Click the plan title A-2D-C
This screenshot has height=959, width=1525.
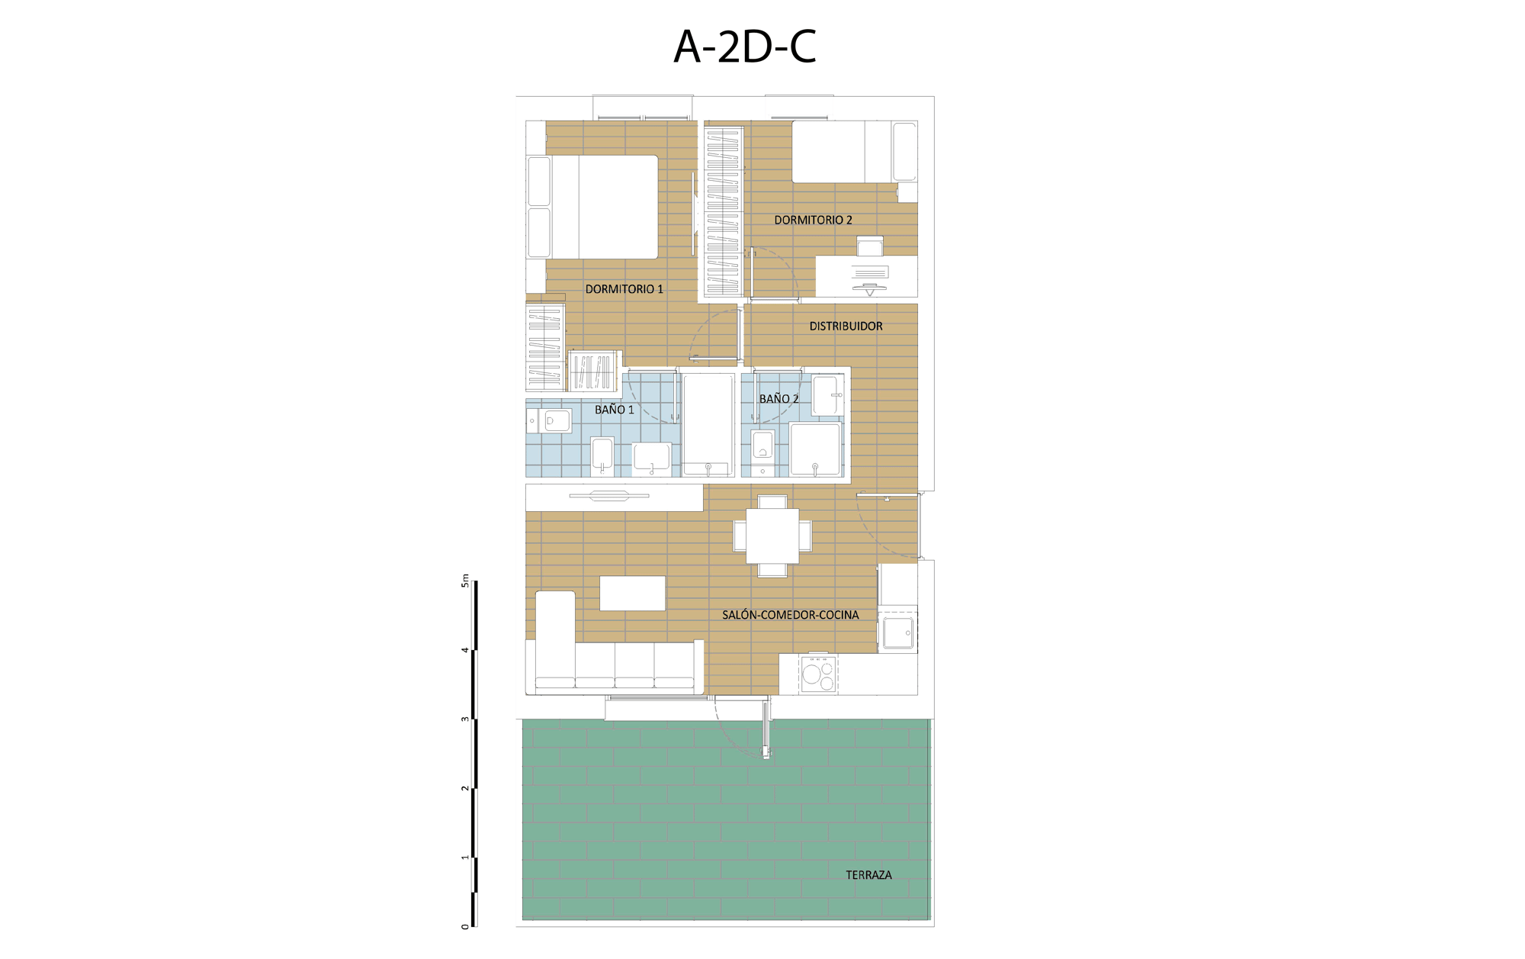[x=745, y=47]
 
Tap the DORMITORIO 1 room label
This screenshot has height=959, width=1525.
[x=624, y=289]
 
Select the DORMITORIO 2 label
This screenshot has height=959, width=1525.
[x=813, y=220]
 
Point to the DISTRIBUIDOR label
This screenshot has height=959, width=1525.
[x=846, y=326]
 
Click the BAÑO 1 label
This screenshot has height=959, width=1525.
[x=614, y=410]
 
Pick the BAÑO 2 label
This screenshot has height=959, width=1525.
[x=779, y=398]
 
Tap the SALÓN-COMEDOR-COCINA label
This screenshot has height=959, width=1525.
[x=790, y=615]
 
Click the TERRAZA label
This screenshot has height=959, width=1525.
[x=868, y=875]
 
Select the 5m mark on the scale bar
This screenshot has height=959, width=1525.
[x=465, y=581]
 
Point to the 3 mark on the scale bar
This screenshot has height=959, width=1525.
[x=465, y=719]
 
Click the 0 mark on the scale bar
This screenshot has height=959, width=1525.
[x=465, y=926]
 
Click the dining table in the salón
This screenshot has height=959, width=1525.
[x=772, y=536]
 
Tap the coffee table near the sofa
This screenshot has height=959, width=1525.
[x=632, y=593]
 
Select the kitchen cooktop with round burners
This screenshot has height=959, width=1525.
[x=818, y=674]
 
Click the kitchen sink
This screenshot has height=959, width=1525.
[x=897, y=632]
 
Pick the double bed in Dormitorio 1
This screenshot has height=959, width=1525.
[x=592, y=207]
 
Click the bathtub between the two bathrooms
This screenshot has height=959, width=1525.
[x=708, y=424]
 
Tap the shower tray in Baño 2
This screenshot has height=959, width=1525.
[x=815, y=449]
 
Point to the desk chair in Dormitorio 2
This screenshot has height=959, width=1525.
[x=870, y=246]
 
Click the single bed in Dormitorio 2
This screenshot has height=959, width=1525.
[x=854, y=152]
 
